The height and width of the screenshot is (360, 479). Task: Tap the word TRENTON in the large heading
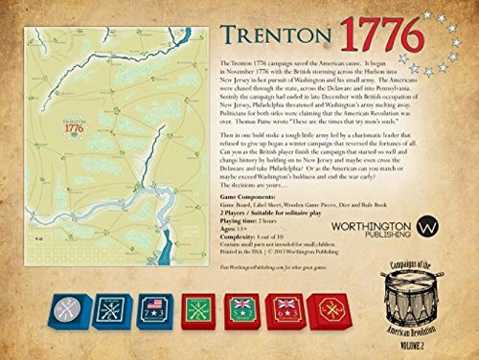click(x=267, y=34)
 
